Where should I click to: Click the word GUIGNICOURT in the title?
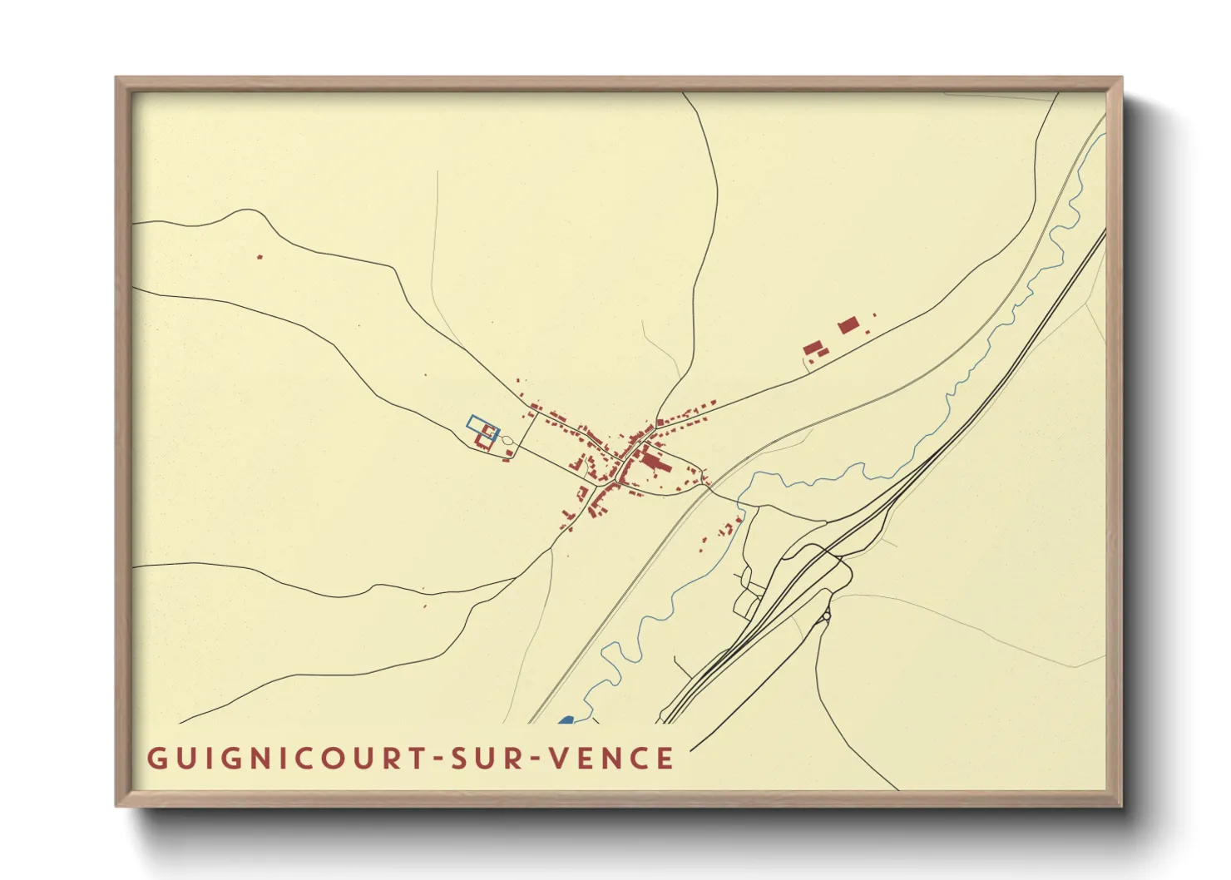[x=284, y=759]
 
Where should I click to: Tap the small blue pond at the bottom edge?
[x=566, y=719]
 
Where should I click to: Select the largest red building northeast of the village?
[x=848, y=324]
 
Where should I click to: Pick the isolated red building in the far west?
[x=260, y=257]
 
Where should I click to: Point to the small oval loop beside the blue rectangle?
[x=507, y=439]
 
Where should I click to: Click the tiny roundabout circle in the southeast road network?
[x=826, y=616]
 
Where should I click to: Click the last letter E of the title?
[x=665, y=759]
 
